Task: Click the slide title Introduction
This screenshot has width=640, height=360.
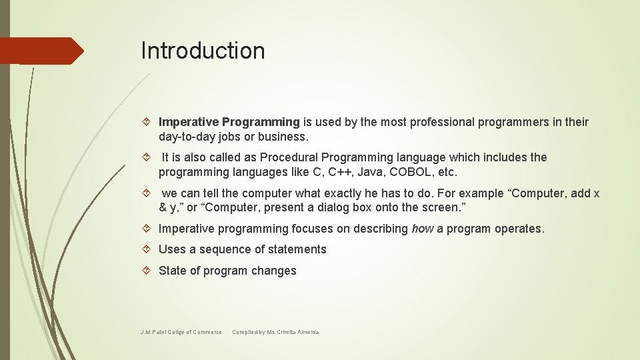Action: point(203,51)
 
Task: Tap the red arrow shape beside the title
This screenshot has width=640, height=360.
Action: point(40,51)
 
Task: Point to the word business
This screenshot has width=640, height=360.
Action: point(285,137)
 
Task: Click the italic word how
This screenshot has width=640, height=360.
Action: point(422,229)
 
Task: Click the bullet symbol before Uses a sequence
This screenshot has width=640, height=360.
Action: point(149,249)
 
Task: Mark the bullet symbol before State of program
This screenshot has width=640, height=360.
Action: point(149,271)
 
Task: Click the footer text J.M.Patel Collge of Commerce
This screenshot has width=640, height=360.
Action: point(181,332)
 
